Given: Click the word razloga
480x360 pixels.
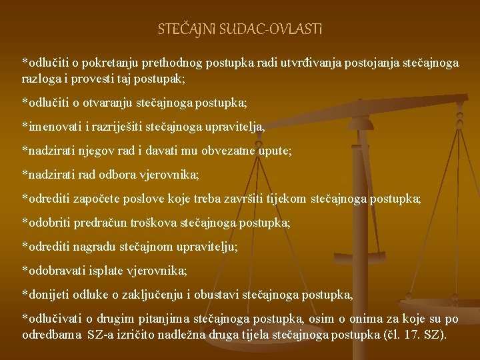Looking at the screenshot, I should click(41, 78).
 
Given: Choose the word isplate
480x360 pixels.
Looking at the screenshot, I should click(106, 271).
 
